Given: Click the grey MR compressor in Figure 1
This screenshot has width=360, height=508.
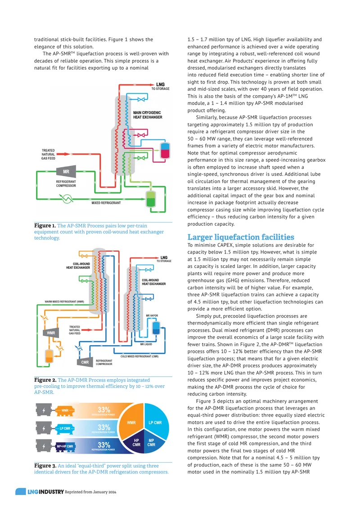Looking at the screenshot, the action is pos(66,172).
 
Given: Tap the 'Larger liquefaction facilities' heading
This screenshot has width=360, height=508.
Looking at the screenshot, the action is pos(241,237).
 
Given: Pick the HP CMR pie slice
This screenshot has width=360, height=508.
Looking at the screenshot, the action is pos(136,443).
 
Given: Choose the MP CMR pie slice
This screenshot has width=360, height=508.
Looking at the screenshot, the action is pos(152,443).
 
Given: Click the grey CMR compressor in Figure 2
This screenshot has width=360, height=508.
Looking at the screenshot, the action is pos(85,362).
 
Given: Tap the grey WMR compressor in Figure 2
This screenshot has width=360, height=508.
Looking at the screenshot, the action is pos(51,333).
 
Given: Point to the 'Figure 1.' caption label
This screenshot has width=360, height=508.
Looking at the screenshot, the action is pos(45,226).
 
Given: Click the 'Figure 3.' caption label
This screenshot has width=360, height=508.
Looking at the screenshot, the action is pos(45,466).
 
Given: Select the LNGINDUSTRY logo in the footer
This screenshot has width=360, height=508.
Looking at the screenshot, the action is pos(46,492).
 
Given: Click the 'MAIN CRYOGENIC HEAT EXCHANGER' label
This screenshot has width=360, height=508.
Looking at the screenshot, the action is pos(148,115).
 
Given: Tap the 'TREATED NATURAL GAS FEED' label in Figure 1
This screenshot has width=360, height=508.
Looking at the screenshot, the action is pos(48,155).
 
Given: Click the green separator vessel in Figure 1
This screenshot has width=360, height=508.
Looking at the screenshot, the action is pos(150,198).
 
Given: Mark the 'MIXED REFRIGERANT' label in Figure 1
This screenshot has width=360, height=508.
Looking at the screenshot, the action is pos(106,203).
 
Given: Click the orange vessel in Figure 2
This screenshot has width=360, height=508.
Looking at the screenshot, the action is pos(49,356).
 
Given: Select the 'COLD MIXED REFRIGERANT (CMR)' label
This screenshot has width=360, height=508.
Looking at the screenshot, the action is pos(139,356).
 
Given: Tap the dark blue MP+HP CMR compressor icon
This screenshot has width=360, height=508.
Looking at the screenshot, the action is pos(65,446).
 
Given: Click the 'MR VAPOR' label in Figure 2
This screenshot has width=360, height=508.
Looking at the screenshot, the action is pos(152,316).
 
